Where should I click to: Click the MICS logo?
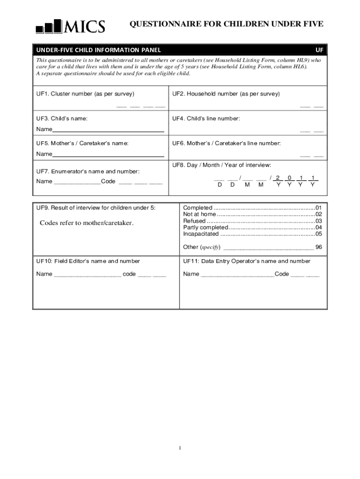coord(70,26)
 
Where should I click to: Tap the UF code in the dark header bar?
coord(319,50)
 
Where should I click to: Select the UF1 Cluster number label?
coord(85,94)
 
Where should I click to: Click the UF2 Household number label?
coord(226,94)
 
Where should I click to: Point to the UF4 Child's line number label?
coord(206,118)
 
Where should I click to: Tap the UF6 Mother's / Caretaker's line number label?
coord(226,143)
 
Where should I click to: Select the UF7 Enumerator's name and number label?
coord(88,172)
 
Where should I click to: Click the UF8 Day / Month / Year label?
coord(221,165)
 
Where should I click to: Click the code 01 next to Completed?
coord(318,208)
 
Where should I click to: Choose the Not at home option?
coord(200,214)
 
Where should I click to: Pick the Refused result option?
coord(194,221)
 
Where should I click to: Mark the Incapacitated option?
coord(201,234)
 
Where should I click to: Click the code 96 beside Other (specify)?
coord(318,247)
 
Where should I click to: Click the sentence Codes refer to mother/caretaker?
coord(86,223)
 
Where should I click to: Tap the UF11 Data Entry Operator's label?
coord(246,261)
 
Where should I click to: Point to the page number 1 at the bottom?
coord(180,448)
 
